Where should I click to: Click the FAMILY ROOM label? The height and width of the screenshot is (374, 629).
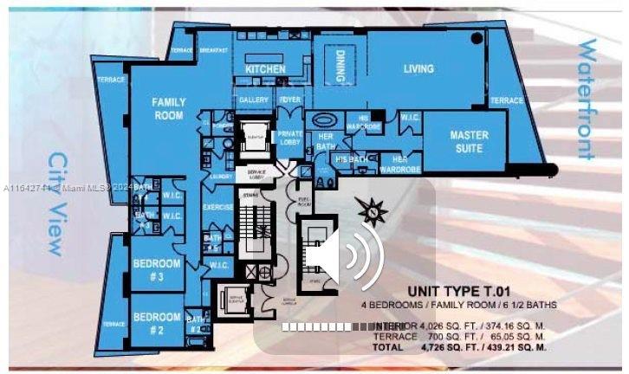click(x=169, y=108)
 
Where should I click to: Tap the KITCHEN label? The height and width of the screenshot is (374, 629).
click(x=265, y=68)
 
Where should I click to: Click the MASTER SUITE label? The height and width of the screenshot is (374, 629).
click(x=469, y=142)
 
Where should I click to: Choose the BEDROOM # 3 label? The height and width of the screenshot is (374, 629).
click(x=157, y=269)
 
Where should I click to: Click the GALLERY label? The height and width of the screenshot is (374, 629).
click(x=254, y=100)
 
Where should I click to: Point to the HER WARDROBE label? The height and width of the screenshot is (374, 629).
click(x=400, y=163)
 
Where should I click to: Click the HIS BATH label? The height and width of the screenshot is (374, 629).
click(x=351, y=159)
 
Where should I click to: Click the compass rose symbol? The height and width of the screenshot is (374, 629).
click(x=374, y=208)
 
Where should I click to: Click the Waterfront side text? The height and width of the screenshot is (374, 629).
click(x=587, y=100)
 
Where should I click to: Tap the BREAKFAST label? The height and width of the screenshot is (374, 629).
click(x=212, y=50)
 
